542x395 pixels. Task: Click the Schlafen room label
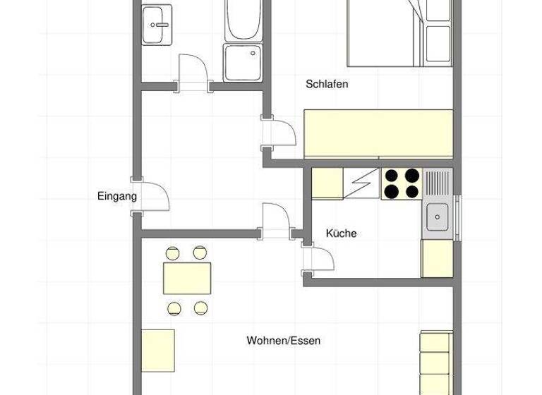[327, 84]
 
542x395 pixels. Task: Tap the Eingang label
[116, 197]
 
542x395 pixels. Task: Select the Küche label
[342, 233]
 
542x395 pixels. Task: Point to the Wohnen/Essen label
[283, 341]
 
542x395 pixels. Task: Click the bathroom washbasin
[156, 25]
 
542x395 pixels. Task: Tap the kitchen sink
[438, 214]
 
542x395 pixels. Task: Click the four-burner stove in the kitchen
[401, 183]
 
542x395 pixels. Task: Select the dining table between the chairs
[187, 278]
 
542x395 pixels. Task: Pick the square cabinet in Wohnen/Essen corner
[157, 350]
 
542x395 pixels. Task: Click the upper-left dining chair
[172, 252]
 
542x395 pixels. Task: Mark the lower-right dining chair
[201, 307]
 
